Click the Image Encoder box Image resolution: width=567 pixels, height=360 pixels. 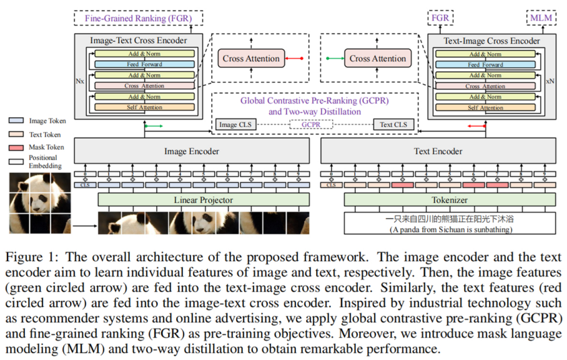(x=192, y=151)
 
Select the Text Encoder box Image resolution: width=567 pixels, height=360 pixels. (x=438, y=151)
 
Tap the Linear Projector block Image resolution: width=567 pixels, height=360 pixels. (x=204, y=200)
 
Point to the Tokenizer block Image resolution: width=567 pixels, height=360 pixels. (x=449, y=200)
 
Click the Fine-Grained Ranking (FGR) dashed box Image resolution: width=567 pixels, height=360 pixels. (x=137, y=18)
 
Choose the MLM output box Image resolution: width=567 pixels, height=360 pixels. (x=541, y=18)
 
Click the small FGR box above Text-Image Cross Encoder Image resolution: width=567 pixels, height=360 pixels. (x=441, y=18)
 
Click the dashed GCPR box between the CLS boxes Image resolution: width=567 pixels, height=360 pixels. (x=311, y=124)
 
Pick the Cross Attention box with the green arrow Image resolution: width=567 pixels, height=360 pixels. (x=377, y=59)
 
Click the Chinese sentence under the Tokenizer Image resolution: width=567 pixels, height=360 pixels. (x=449, y=219)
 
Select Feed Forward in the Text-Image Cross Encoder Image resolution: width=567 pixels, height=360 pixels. (x=485, y=65)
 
